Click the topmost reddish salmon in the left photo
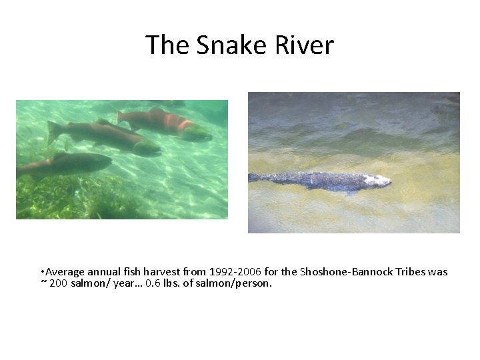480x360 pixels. pos(167,123)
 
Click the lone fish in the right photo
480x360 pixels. pos(320,181)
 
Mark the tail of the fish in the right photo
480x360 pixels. pos(254,177)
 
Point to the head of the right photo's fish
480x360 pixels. pos(379,180)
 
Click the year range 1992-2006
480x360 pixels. pos(235,272)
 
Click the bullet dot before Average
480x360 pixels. pos(42,272)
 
